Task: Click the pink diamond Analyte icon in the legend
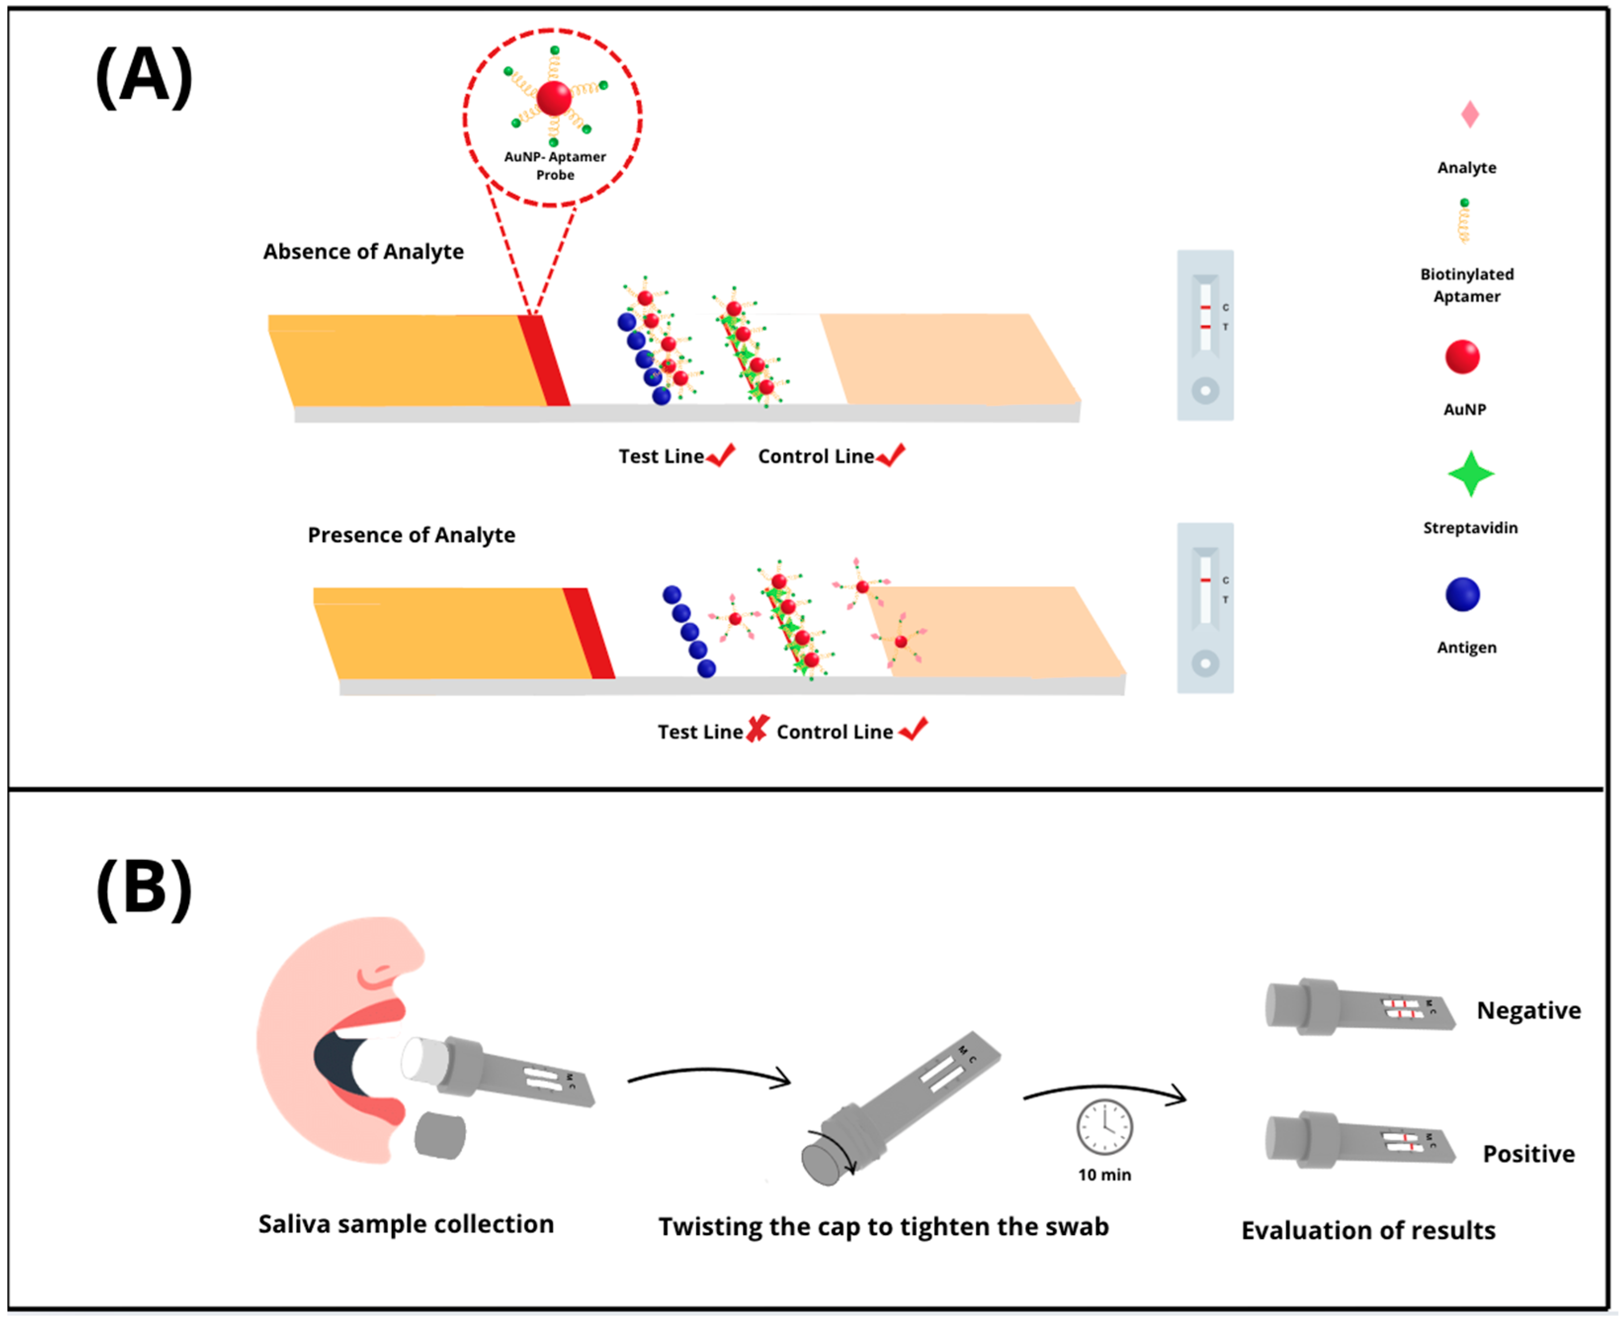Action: (x=1469, y=115)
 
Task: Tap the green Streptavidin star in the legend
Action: (x=1470, y=474)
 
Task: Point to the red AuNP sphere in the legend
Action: (x=1462, y=356)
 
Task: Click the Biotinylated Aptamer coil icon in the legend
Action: (x=1463, y=222)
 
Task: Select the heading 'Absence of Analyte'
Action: (x=363, y=251)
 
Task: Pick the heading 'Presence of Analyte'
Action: (x=411, y=535)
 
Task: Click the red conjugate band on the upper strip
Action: (x=543, y=360)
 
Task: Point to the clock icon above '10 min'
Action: (x=1104, y=1127)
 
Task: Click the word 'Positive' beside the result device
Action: (x=1528, y=1154)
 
